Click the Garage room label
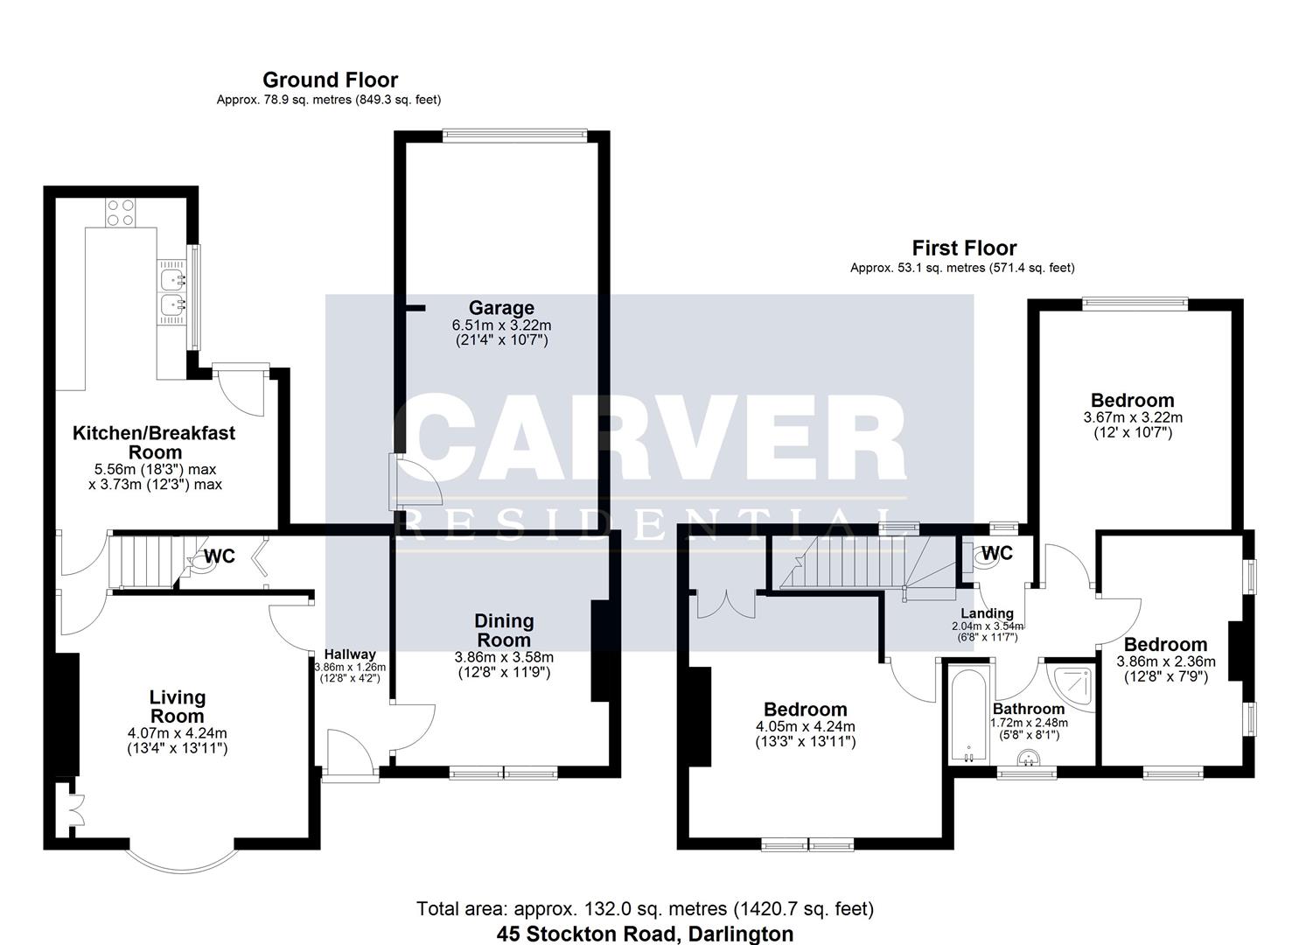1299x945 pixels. (x=500, y=308)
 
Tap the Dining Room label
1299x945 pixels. (x=504, y=630)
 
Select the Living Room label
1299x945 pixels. (x=178, y=707)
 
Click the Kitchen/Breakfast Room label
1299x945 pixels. (x=154, y=442)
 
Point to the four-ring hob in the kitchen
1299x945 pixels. (x=121, y=213)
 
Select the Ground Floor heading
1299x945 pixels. (x=330, y=80)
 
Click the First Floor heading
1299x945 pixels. (x=964, y=248)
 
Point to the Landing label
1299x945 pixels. (x=987, y=613)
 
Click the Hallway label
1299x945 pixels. (x=350, y=654)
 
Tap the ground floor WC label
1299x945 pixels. (x=220, y=556)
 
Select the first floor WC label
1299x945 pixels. (x=996, y=553)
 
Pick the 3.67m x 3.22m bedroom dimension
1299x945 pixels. (x=1132, y=417)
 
